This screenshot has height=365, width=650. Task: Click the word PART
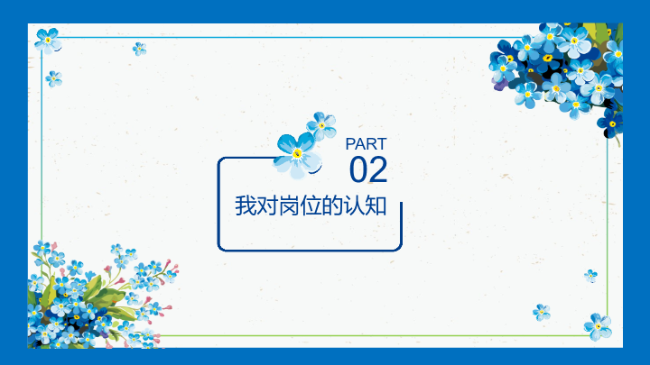[366, 144]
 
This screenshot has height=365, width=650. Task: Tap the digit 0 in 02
[358, 169]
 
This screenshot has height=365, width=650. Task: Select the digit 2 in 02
[378, 169]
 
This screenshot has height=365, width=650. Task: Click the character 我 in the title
[246, 205]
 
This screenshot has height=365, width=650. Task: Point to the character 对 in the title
[267, 205]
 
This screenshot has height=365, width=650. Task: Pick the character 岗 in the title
[289, 205]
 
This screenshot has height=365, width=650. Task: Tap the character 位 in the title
[311, 205]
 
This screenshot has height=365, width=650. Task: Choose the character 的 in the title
[332, 205]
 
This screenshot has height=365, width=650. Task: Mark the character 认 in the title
[354, 205]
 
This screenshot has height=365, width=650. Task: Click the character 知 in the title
[376, 205]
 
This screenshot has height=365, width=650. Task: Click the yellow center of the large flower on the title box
[297, 154]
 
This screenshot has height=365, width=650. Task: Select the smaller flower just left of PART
[321, 125]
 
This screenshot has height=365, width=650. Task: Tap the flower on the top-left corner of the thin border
[48, 41]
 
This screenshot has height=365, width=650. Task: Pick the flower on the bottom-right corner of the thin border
[598, 326]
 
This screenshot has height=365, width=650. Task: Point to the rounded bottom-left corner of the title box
[221, 248]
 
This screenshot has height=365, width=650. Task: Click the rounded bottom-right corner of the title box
[399, 248]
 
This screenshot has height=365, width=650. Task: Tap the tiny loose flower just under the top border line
[139, 49]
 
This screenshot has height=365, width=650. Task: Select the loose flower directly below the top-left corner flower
[54, 78]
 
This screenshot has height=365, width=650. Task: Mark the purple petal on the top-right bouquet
[499, 84]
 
